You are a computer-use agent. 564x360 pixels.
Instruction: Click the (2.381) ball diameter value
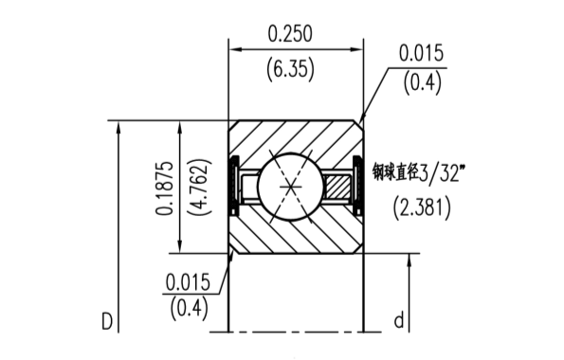tap(421, 207)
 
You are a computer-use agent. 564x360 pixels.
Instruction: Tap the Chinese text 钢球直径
tap(395, 171)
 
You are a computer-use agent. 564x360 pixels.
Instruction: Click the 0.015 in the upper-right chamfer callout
tap(421, 52)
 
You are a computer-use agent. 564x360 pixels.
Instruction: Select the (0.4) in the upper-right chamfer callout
tap(421, 83)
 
